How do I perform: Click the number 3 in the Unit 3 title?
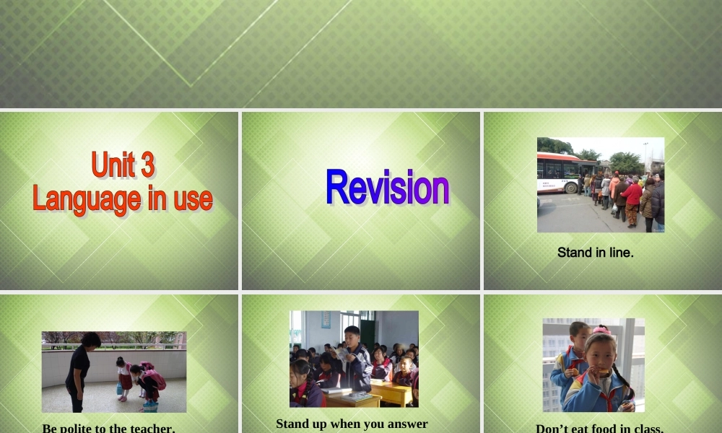click(x=147, y=165)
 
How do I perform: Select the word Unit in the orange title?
click(x=113, y=165)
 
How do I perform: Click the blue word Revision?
click(x=387, y=187)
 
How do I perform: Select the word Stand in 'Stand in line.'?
click(x=573, y=253)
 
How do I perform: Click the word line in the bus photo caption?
click(x=620, y=253)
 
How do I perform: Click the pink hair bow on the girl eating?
click(x=601, y=331)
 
